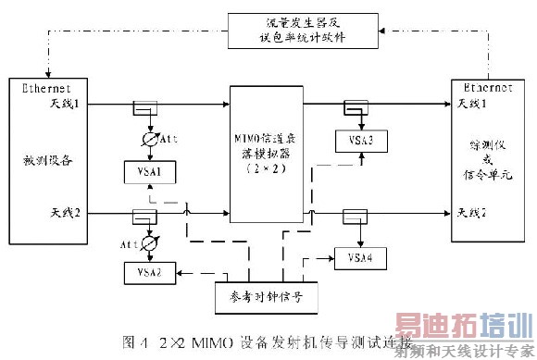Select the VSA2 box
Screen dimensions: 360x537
pyautogui.click(x=149, y=272)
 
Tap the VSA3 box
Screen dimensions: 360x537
pyautogui.click(x=354, y=141)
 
